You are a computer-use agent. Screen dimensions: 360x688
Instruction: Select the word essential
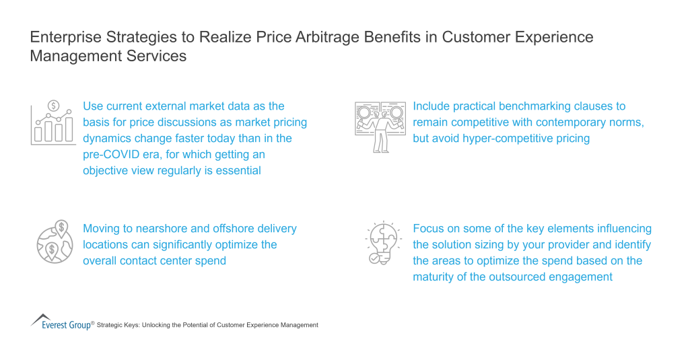coord(238,170)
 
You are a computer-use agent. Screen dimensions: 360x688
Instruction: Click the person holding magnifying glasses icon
coord(379,126)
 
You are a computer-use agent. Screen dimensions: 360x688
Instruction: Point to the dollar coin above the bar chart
coord(53,106)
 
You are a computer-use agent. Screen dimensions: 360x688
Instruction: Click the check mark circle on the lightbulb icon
coord(373,258)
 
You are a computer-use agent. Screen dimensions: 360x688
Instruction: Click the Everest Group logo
coord(62,322)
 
